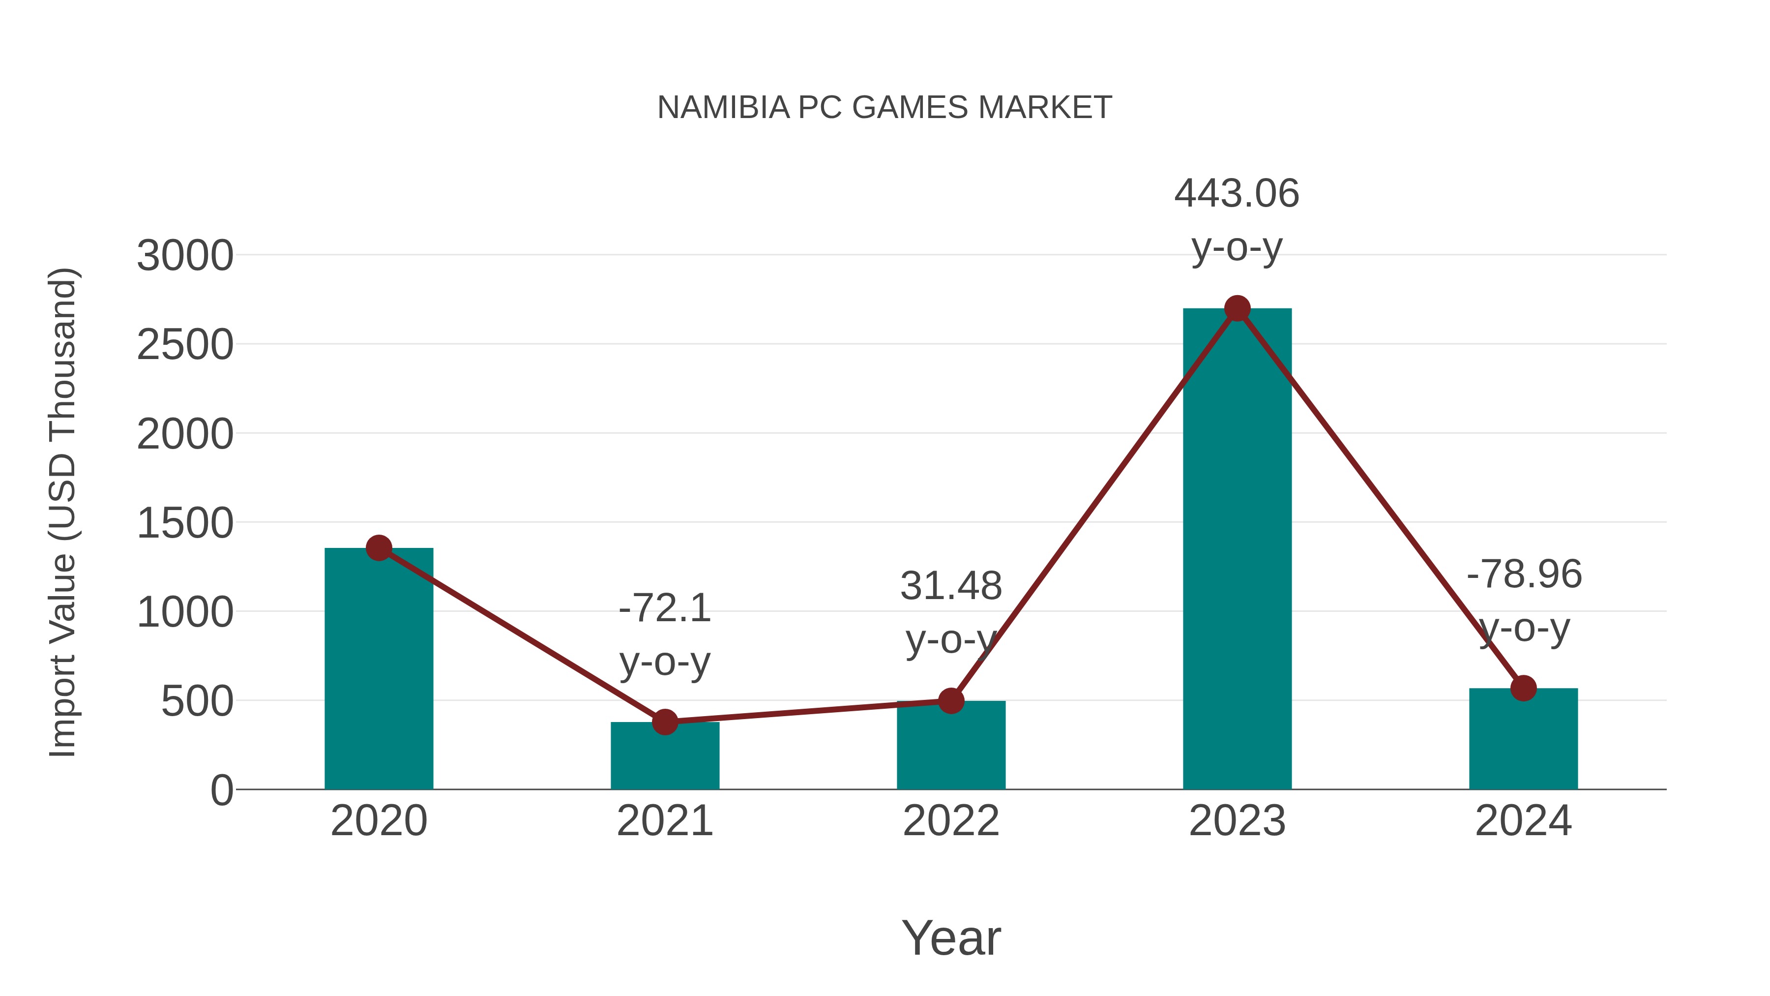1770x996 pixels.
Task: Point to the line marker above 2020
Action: pos(379,548)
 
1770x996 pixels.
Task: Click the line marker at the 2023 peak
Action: pos(1237,308)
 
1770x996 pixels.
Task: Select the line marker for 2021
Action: pos(664,722)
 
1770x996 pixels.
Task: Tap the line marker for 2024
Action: pos(1523,688)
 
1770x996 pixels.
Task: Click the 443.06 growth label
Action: pos(1237,194)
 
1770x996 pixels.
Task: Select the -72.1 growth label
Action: pos(664,608)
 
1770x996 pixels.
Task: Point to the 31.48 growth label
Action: pos(951,586)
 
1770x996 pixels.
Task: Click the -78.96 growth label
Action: pos(1523,574)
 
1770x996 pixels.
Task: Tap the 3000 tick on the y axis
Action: pos(185,256)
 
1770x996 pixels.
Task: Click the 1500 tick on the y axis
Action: pos(185,523)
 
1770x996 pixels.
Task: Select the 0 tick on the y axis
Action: pos(221,790)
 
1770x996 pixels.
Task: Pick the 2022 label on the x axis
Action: pos(951,821)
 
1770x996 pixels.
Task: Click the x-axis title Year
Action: pos(951,937)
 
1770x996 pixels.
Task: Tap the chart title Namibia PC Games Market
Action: pos(885,108)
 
